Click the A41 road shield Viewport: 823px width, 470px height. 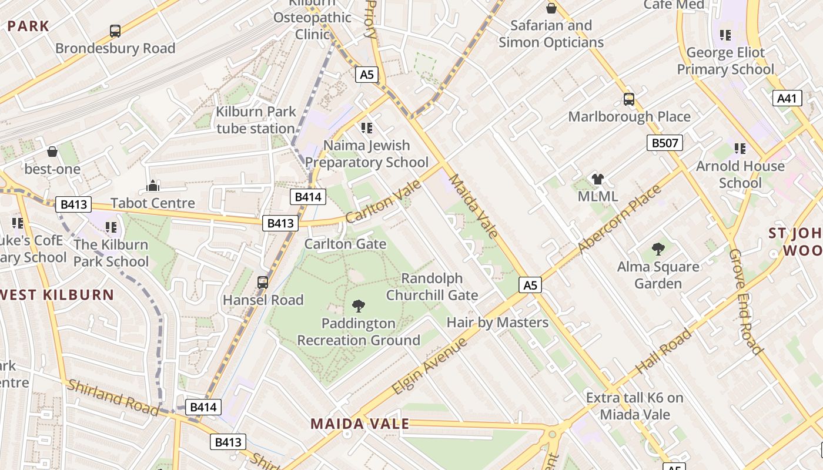click(x=787, y=98)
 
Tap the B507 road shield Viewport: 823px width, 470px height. click(x=665, y=143)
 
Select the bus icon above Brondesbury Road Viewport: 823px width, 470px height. click(x=115, y=31)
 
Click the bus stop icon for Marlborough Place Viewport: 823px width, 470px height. click(x=629, y=99)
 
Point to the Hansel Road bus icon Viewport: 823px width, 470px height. click(x=263, y=283)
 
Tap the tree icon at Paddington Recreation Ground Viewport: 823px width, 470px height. click(x=358, y=306)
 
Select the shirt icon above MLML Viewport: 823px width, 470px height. click(x=598, y=179)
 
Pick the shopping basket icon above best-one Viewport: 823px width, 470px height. click(x=52, y=152)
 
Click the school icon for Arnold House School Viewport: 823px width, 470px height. click(x=740, y=149)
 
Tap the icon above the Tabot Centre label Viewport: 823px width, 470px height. click(x=153, y=186)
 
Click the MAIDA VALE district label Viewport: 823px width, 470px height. click(x=360, y=424)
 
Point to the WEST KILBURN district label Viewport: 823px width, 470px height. click(x=57, y=295)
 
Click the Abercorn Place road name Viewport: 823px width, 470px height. click(x=620, y=220)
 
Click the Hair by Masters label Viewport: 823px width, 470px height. click(x=497, y=322)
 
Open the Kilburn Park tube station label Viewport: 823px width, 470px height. click(x=255, y=120)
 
